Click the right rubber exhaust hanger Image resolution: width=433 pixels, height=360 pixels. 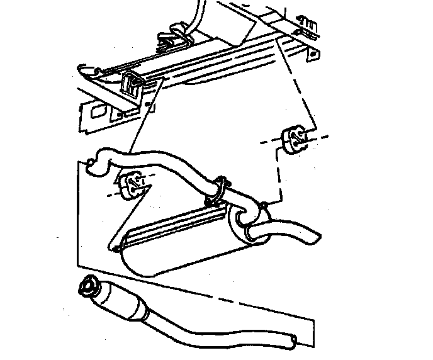click(294, 139)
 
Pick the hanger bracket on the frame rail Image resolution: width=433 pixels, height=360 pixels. click(133, 84)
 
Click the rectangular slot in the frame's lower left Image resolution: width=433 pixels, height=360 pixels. click(98, 112)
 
